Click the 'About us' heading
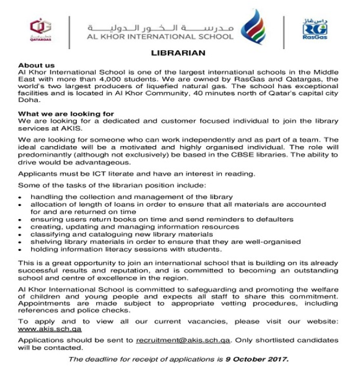coord(37,65)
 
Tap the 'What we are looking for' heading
coord(61,113)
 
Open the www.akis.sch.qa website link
coord(50,328)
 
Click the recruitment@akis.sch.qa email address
coord(183,341)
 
